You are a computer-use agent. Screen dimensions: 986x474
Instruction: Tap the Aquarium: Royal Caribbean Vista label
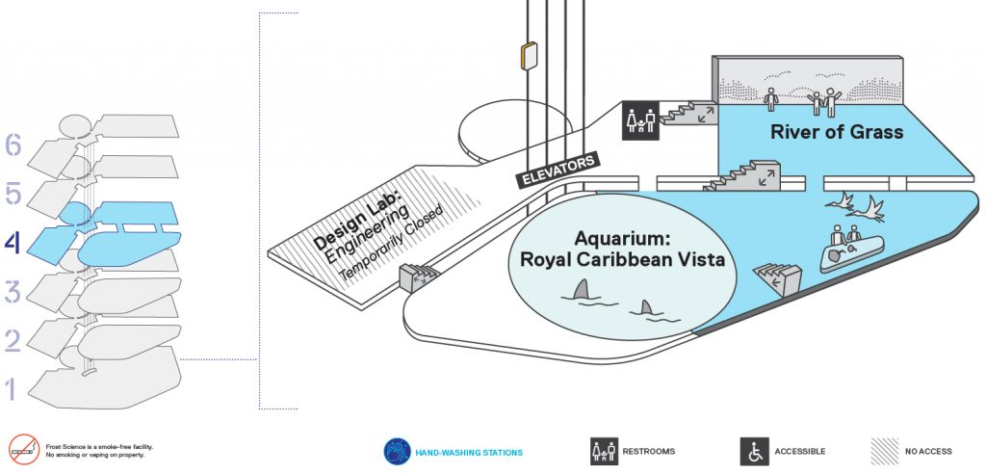(x=623, y=250)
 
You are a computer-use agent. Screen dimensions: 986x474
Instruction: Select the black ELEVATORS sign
(x=558, y=170)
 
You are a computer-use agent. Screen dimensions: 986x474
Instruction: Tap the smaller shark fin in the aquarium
(x=645, y=308)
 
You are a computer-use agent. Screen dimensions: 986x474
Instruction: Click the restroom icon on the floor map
(x=640, y=120)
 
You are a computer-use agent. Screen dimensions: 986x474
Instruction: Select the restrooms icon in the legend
(x=604, y=451)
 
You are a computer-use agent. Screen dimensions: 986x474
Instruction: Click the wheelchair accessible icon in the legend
(x=754, y=451)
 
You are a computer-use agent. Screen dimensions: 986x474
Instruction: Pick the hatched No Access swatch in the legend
(x=884, y=451)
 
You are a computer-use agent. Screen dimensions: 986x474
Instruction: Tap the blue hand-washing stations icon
(x=398, y=451)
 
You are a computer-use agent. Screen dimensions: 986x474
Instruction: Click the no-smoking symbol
(x=24, y=449)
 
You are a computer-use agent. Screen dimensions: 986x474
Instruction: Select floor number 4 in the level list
(x=13, y=243)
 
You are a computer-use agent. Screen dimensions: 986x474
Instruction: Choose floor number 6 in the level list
(x=13, y=145)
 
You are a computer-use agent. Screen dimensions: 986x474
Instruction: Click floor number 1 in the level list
(x=10, y=389)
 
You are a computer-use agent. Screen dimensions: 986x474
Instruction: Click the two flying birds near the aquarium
(x=855, y=206)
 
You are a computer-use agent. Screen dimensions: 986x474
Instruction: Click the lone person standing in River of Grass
(x=771, y=99)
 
